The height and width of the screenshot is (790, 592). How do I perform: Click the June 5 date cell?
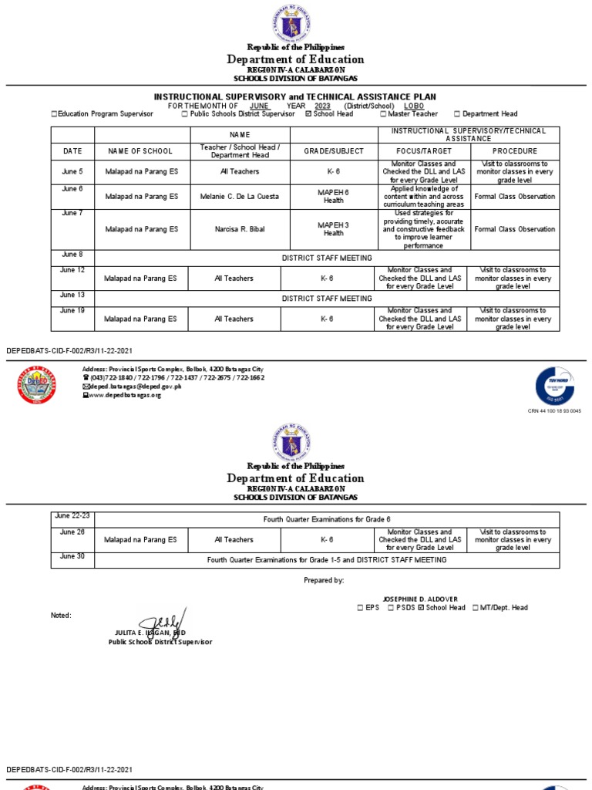click(x=72, y=171)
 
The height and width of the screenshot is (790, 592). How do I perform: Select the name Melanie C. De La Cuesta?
click(x=239, y=197)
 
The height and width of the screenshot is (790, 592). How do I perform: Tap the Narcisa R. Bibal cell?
click(x=239, y=229)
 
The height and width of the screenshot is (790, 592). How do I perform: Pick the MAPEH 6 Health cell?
click(x=334, y=197)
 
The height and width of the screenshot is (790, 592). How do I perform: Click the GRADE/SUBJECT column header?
click(x=334, y=151)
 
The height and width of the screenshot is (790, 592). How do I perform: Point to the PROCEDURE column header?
click(x=515, y=151)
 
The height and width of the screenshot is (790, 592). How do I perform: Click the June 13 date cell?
click(x=72, y=295)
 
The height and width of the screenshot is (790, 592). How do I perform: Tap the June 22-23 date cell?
click(x=72, y=515)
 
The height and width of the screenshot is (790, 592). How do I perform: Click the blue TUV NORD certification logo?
click(x=555, y=386)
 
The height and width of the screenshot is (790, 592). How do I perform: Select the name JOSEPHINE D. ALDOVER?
click(x=420, y=599)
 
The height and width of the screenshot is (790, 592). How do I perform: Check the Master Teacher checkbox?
click(x=383, y=114)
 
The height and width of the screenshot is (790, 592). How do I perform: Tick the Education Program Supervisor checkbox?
click(x=54, y=114)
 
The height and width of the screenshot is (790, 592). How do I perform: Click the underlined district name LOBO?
click(x=415, y=106)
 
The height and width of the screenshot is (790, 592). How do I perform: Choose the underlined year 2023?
click(x=322, y=106)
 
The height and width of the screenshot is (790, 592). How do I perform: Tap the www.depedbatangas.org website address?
click(x=126, y=395)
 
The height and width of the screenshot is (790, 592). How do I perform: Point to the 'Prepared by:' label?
click(x=325, y=580)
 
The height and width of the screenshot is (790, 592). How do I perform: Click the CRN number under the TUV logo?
click(x=554, y=411)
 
